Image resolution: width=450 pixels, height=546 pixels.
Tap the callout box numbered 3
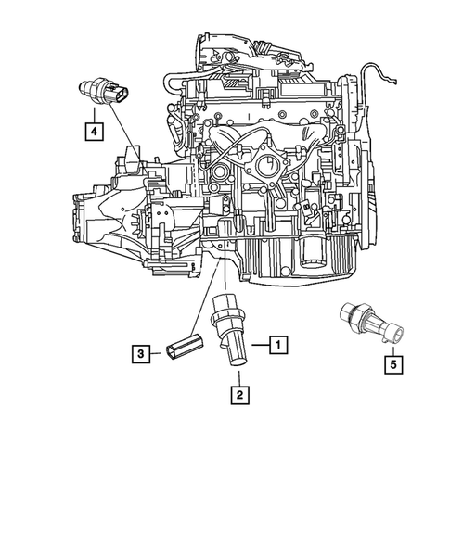140,352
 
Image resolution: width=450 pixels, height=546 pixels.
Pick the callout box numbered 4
94,132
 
